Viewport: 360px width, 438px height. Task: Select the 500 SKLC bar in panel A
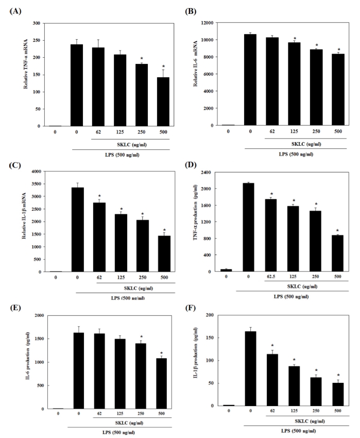coord(163,102)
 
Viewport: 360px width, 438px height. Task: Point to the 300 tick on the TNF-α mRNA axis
coord(38,23)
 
